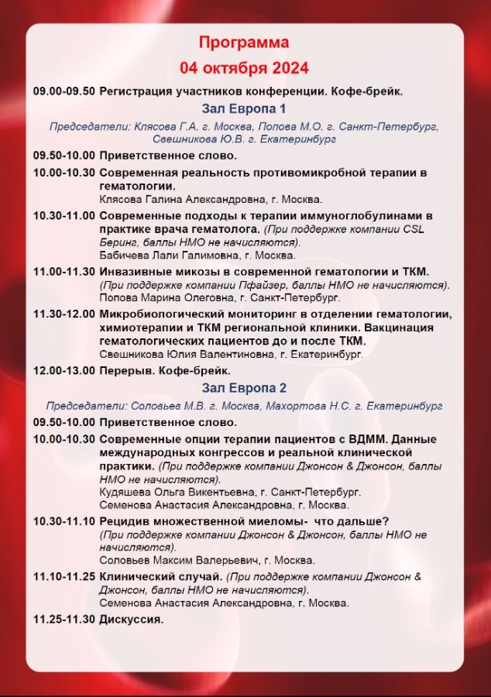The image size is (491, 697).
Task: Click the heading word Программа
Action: pos(244,42)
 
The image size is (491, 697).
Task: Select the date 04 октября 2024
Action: pos(244,67)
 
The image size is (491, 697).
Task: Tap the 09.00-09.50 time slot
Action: pos(64,91)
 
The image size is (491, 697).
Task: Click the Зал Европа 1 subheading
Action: pos(244,108)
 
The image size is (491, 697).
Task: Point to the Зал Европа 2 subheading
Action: pos(244,387)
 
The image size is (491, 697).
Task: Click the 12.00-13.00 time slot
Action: pos(64,371)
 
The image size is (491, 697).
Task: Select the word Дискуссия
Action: pos(132,619)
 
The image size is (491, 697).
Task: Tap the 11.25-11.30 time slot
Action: pos(64,619)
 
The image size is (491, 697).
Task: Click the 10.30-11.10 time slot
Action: pos(64,521)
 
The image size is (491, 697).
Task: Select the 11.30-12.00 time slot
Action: pos(64,314)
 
